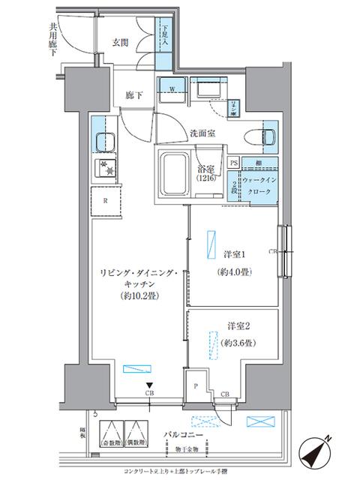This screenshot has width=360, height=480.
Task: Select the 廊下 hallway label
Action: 134,96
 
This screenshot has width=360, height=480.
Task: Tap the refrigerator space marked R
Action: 105,201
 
